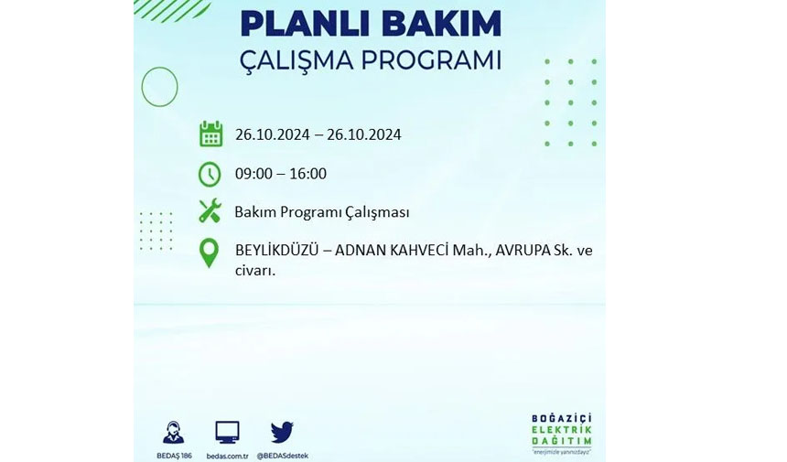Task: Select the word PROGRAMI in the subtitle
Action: point(431,60)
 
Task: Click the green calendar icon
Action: point(210,134)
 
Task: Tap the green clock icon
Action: point(210,174)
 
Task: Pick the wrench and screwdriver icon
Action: point(210,210)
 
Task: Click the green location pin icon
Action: point(210,252)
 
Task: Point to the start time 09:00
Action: point(252,174)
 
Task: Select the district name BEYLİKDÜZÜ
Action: point(276,250)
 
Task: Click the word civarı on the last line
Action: point(255,270)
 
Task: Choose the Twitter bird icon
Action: point(282,432)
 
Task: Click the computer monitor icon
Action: point(227,433)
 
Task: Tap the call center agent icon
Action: point(174,433)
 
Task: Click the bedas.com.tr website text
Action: point(227,456)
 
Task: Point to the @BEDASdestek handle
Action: point(283,456)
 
